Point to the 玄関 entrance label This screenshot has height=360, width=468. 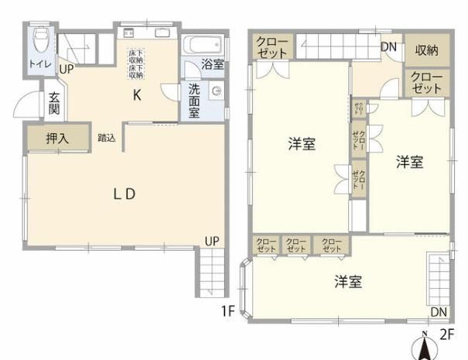click(x=54, y=104)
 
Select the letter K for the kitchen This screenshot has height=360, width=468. click(x=136, y=96)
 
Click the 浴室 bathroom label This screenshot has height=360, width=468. click(x=213, y=65)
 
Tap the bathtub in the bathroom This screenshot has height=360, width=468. click(x=204, y=43)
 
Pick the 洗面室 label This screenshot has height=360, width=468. click(x=193, y=100)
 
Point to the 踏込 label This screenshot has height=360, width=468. click(x=107, y=139)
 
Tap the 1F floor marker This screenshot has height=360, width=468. click(x=226, y=311)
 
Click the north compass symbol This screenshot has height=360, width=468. click(x=424, y=343)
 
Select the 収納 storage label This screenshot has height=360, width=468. click(x=427, y=50)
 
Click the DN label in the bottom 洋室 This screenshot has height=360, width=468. click(x=439, y=312)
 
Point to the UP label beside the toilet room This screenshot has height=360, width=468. click(x=67, y=68)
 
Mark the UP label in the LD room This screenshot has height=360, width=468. click(x=211, y=241)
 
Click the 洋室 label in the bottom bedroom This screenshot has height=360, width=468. click(x=349, y=282)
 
